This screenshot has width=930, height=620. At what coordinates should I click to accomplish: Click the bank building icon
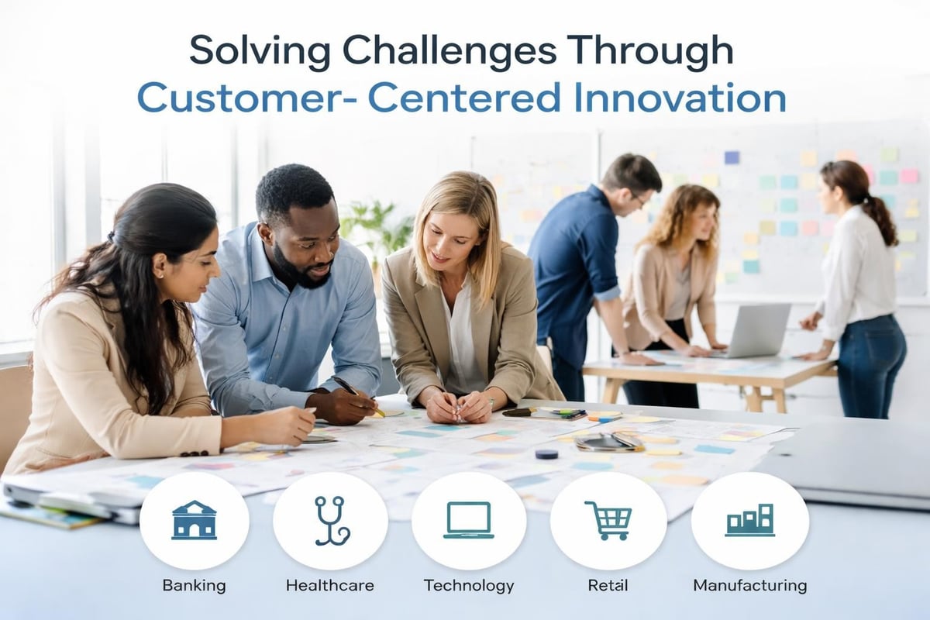(x=194, y=520)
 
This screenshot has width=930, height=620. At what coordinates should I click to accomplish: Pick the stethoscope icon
(x=331, y=520)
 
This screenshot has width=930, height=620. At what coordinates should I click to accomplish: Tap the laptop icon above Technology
(x=469, y=520)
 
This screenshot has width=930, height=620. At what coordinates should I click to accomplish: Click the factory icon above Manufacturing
(x=749, y=520)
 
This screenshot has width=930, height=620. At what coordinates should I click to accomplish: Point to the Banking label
(x=194, y=585)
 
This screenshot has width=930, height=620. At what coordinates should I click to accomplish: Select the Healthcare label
(x=330, y=585)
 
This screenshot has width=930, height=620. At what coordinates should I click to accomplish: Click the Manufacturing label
(x=749, y=585)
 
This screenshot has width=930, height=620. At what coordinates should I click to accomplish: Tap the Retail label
(x=608, y=585)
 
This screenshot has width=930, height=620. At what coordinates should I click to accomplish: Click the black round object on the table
(x=546, y=453)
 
